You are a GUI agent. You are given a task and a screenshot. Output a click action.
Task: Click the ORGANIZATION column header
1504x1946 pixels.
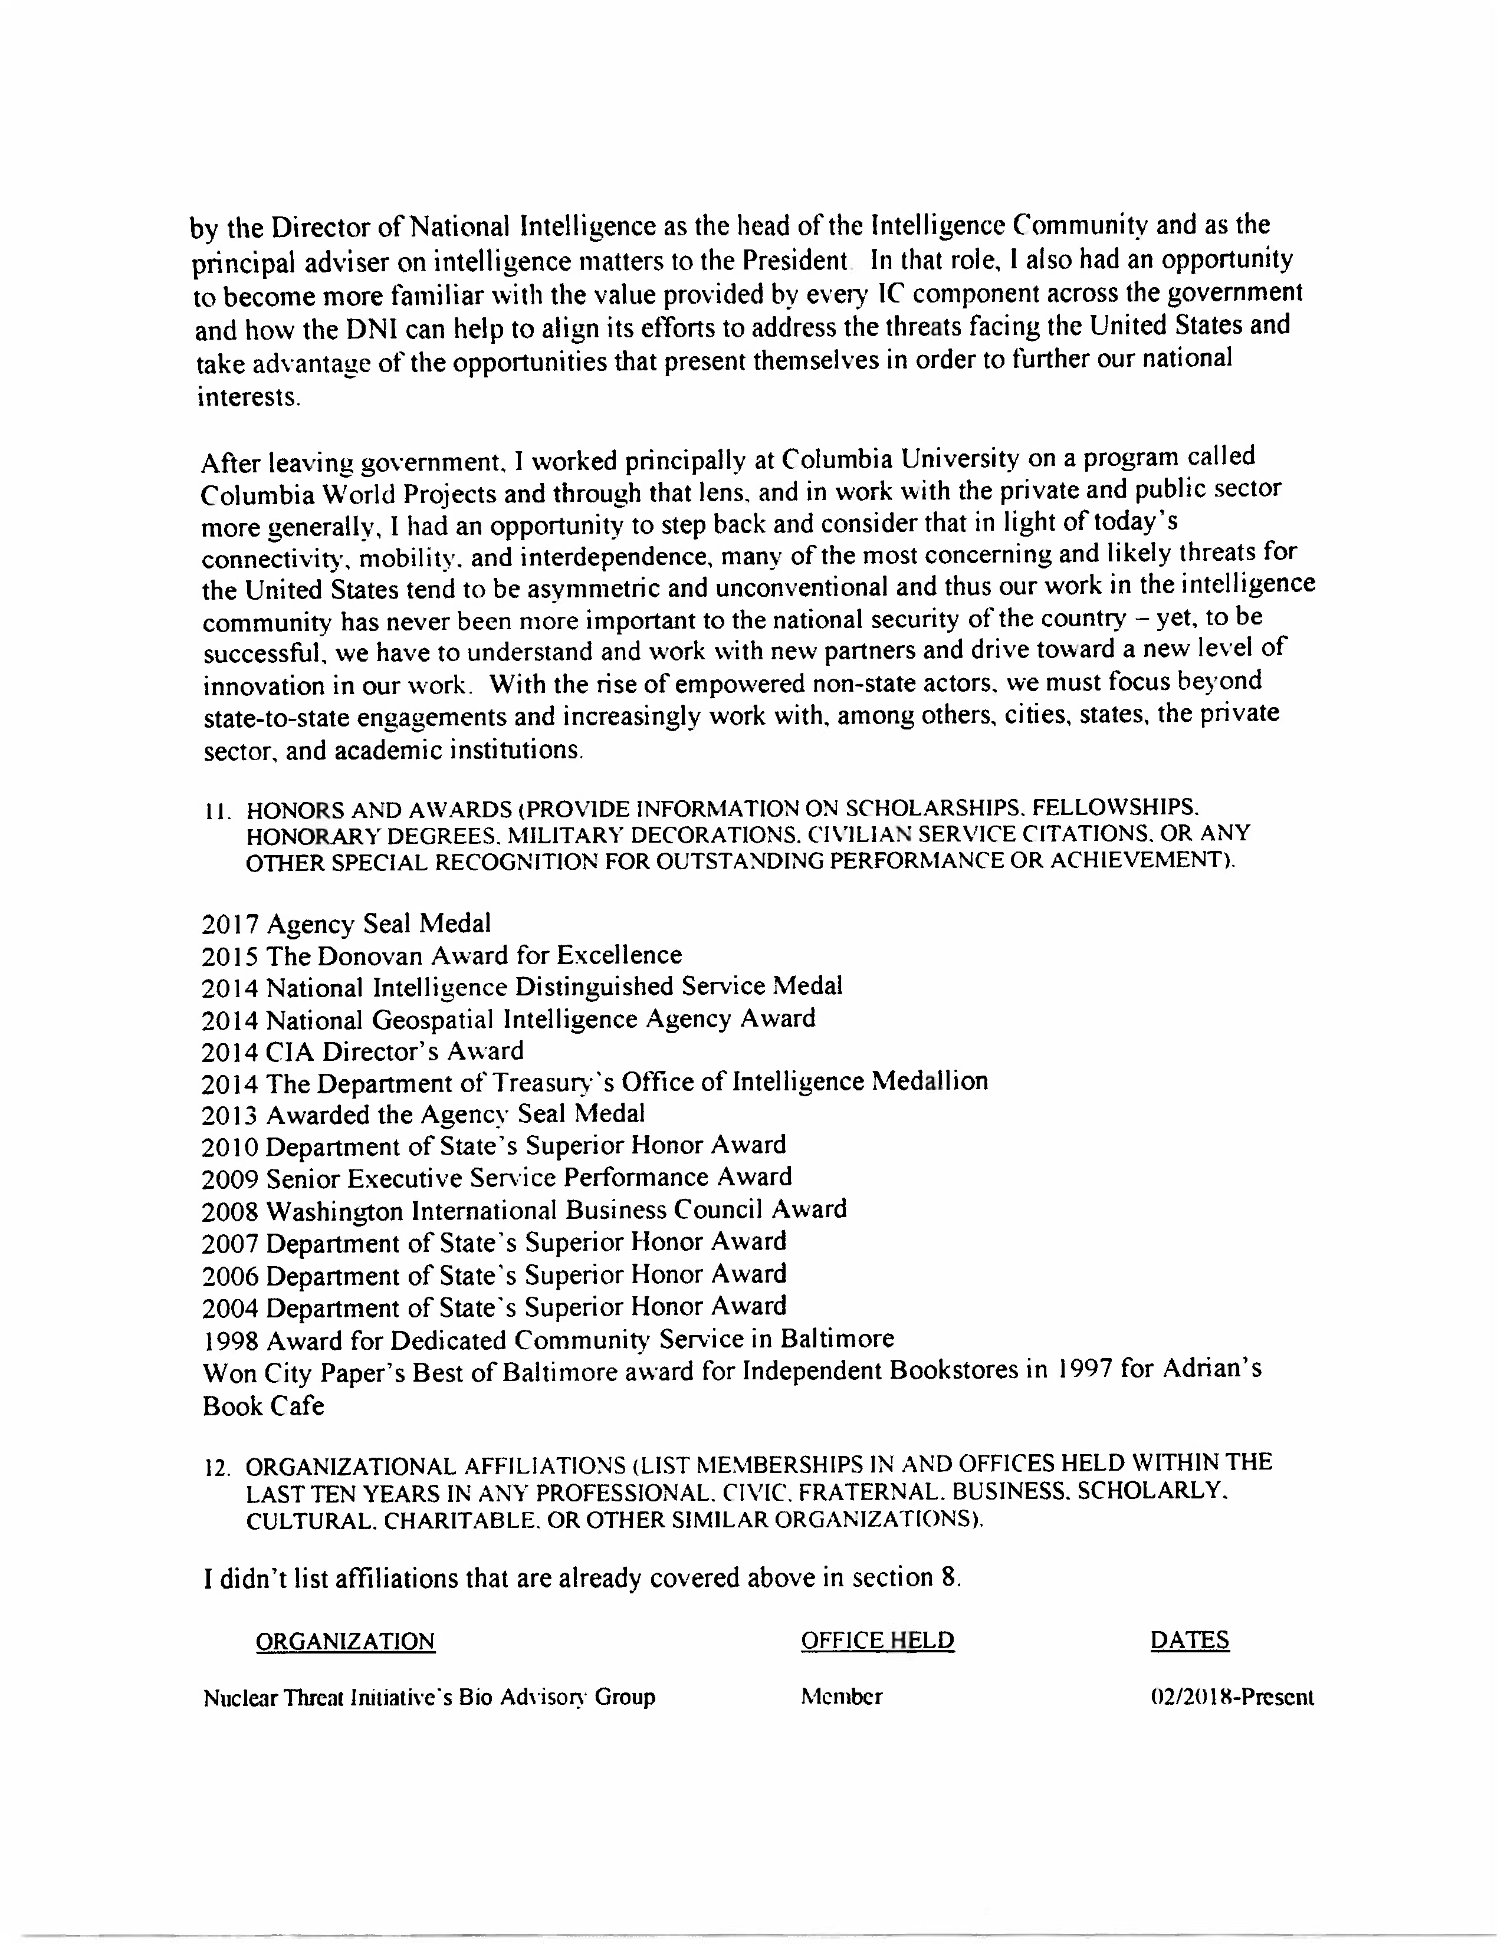345,1641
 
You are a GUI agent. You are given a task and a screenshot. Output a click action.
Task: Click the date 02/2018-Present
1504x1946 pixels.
1232,1697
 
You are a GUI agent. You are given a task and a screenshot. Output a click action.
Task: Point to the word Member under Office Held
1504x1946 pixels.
841,1697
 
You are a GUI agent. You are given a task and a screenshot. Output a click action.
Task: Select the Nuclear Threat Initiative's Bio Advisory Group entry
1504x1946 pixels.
429,1697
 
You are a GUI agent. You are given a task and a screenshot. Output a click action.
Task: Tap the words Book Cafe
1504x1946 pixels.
263,1406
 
